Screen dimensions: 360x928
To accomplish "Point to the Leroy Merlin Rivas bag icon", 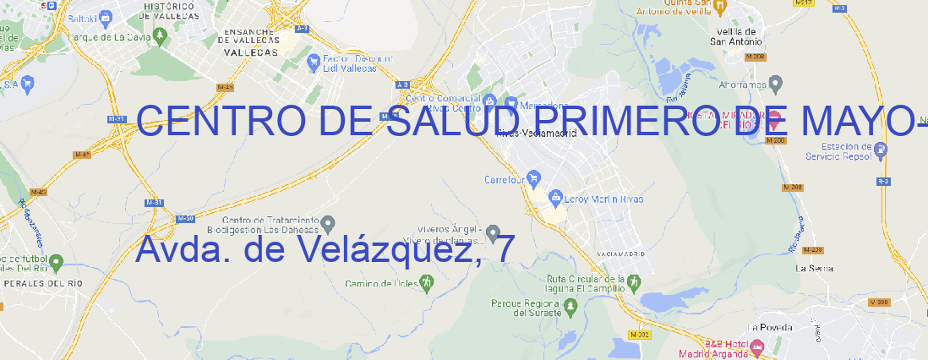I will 555,199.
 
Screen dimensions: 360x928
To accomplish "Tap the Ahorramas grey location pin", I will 777,84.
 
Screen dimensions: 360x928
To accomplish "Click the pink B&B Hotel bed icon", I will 757,346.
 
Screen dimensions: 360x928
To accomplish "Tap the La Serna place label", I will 815,268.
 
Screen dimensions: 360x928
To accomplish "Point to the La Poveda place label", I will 770,327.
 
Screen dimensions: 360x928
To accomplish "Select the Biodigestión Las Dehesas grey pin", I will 329,223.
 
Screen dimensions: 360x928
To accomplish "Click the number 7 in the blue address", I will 505,248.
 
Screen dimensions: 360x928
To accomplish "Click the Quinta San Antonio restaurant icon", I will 720,6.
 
